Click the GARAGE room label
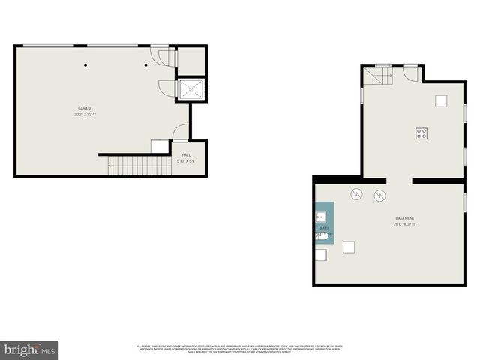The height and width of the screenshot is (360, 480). click(85, 108)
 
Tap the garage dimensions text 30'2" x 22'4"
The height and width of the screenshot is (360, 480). click(85, 115)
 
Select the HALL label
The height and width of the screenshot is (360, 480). click(186, 155)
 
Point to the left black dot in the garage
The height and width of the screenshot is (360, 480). click(85, 64)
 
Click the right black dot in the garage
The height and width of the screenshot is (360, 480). click(146, 64)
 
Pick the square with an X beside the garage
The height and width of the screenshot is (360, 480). click(190, 89)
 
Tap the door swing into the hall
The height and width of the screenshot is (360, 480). click(181, 133)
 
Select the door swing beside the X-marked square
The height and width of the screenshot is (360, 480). click(166, 88)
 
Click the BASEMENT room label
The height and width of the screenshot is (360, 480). click(405, 218)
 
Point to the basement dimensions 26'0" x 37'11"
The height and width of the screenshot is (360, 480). click(405, 224)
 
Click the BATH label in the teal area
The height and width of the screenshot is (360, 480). click(325, 228)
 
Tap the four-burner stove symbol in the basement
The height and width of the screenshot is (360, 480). click(421, 133)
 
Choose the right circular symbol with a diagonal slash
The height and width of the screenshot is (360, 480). click(380, 196)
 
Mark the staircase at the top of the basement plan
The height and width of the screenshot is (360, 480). click(379, 75)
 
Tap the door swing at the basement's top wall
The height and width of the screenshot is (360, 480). click(410, 72)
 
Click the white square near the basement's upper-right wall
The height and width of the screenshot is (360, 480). click(442, 100)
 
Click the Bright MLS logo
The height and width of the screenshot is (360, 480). click(30, 349)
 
